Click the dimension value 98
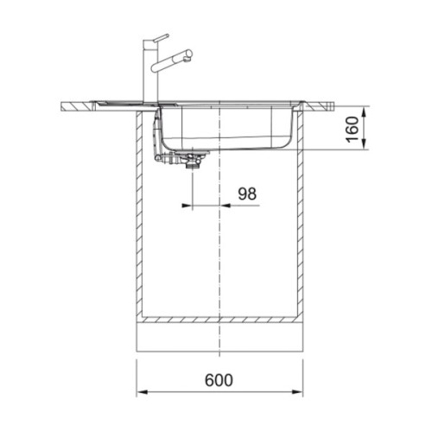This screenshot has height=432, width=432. click(x=247, y=195)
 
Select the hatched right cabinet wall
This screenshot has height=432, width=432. click(x=302, y=216)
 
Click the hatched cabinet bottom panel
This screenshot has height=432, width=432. click(x=219, y=321)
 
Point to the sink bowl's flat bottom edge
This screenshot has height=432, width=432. click(x=233, y=148)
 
